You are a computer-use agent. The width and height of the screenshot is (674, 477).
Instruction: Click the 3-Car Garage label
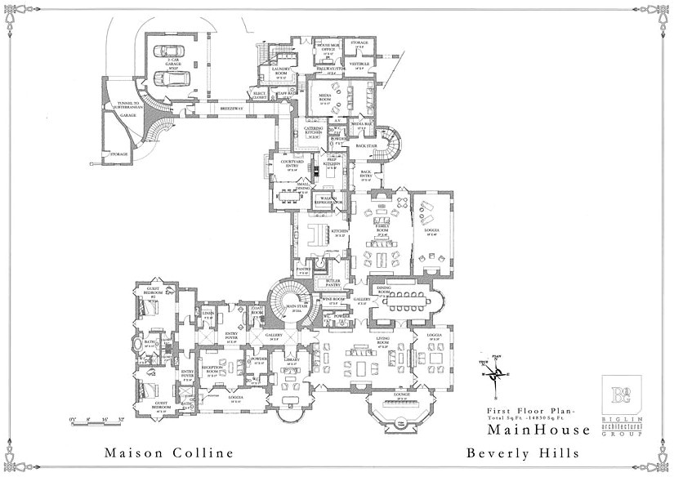172,63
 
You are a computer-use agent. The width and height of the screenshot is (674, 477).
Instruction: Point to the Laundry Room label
282,73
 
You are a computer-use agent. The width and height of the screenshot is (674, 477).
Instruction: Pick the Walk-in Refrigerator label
329,198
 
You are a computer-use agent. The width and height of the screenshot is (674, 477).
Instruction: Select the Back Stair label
365,146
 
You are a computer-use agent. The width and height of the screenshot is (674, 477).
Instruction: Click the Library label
289,359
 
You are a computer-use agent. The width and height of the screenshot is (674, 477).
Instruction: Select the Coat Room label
257,312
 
